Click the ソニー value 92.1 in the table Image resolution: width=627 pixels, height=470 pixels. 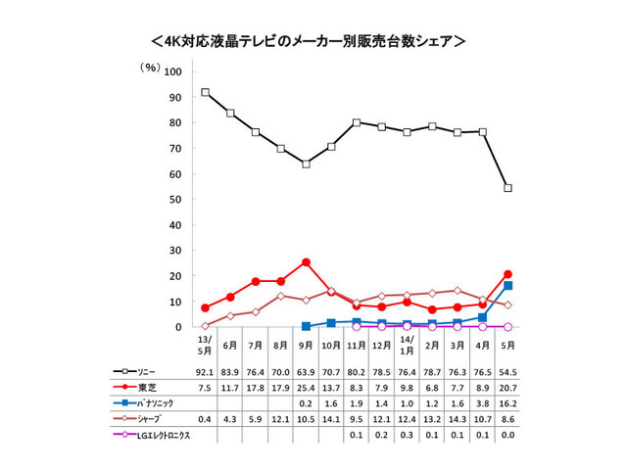206,372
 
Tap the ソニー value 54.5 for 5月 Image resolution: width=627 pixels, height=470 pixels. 508,372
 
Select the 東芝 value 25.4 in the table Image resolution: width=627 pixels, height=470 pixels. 306,388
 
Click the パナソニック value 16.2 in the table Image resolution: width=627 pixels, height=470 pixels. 508,403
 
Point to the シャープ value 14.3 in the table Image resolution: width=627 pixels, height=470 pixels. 458,419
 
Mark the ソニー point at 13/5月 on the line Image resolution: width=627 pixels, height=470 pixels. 205,92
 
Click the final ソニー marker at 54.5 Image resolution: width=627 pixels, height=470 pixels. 508,188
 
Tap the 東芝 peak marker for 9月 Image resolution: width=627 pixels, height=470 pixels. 306,262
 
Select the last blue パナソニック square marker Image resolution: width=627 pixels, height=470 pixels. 508,286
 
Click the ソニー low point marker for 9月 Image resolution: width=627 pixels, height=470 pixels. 306,164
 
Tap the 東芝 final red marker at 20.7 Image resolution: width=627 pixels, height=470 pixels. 508,274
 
